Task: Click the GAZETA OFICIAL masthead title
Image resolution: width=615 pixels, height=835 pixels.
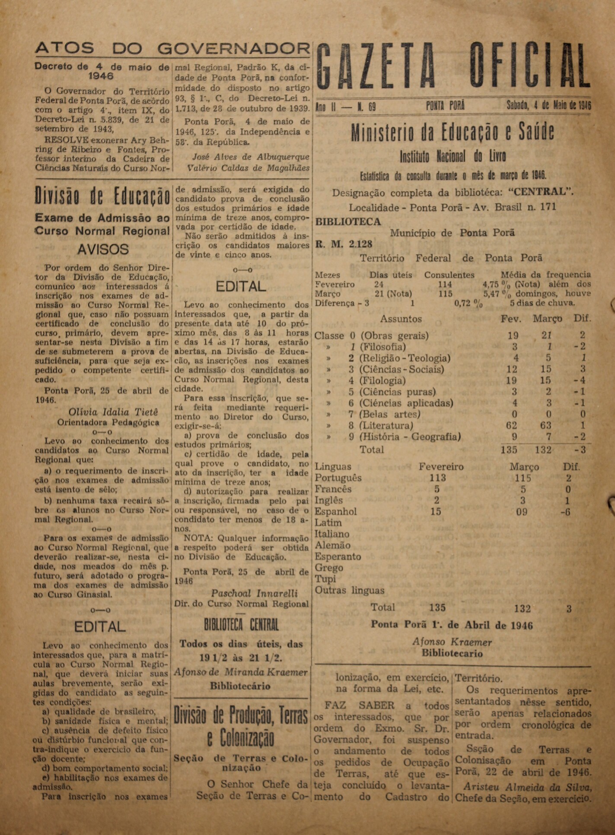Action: coord(454,66)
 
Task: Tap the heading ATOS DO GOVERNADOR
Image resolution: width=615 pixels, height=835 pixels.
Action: coord(172,48)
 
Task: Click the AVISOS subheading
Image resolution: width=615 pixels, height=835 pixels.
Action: coord(103,249)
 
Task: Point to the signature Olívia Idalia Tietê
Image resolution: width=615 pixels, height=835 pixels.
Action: coord(113,412)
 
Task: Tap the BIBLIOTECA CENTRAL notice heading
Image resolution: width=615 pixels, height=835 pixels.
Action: coord(241,625)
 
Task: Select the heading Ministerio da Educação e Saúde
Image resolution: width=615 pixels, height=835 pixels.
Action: coord(452,133)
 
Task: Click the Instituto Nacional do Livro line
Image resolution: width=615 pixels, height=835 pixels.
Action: coord(452,156)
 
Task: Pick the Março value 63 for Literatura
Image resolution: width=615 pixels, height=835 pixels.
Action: coord(545,426)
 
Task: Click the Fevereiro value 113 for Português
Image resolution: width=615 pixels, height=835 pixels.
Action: coord(437,478)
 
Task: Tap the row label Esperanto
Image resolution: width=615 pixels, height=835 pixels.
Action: coord(338,557)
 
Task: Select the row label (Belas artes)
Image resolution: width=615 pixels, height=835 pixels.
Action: coord(390,414)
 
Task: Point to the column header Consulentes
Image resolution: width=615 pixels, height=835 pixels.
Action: coord(449,275)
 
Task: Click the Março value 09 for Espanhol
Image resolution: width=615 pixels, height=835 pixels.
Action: coord(522,512)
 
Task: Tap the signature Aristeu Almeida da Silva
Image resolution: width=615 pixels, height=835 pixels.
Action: coord(527,787)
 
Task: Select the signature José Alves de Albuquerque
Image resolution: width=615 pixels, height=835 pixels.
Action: coord(251,157)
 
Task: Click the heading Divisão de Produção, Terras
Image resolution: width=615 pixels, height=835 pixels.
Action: coord(241,716)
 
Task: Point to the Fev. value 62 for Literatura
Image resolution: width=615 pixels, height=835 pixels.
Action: coord(512,426)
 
